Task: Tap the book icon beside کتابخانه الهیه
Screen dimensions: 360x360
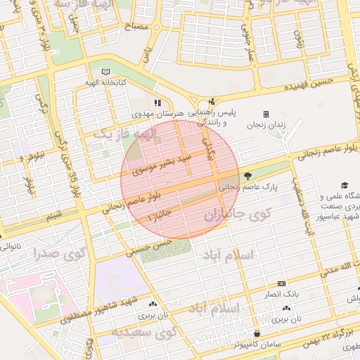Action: pyautogui.click(x=106, y=72)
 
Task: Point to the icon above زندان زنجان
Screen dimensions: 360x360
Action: pyautogui.click(x=266, y=114)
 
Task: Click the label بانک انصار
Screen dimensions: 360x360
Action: pyautogui.click(x=281, y=293)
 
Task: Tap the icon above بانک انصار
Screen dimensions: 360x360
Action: pyautogui.click(x=281, y=283)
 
